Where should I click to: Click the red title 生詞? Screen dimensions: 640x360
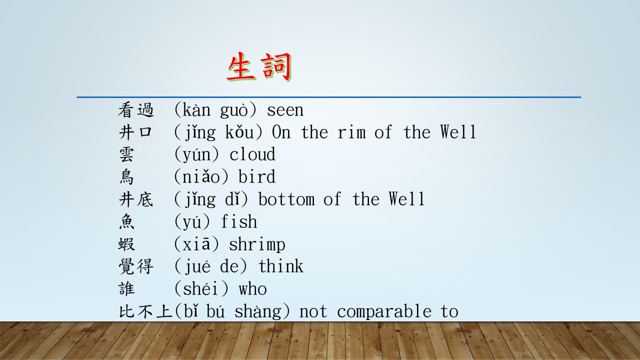pos(259,67)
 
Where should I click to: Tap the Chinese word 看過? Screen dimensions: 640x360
pos(136,110)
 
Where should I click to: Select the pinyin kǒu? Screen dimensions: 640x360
pos(239,132)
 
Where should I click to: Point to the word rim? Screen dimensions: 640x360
pos(351,132)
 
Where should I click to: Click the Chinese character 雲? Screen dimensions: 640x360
pos(126,154)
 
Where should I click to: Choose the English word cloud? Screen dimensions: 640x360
pos(252,154)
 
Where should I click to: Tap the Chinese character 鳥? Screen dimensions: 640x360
pos(126,177)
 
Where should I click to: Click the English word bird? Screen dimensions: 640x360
pos(257,176)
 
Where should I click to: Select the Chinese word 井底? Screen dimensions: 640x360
pos(136,199)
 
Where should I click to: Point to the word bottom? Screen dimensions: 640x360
pos(286,199)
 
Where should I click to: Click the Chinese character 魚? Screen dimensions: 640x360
pos(126,221)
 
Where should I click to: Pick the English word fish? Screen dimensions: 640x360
pos(239,221)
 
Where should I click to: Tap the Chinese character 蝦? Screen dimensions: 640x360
pos(126,244)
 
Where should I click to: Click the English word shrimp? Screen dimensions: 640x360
pos(257,245)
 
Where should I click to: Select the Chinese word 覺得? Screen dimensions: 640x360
pos(136,266)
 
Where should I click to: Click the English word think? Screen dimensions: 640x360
pos(281,266)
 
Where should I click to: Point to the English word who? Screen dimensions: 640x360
pos(253,289)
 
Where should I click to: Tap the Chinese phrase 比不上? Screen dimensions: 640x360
pos(145,311)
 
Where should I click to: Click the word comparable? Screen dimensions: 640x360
pos(384,311)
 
